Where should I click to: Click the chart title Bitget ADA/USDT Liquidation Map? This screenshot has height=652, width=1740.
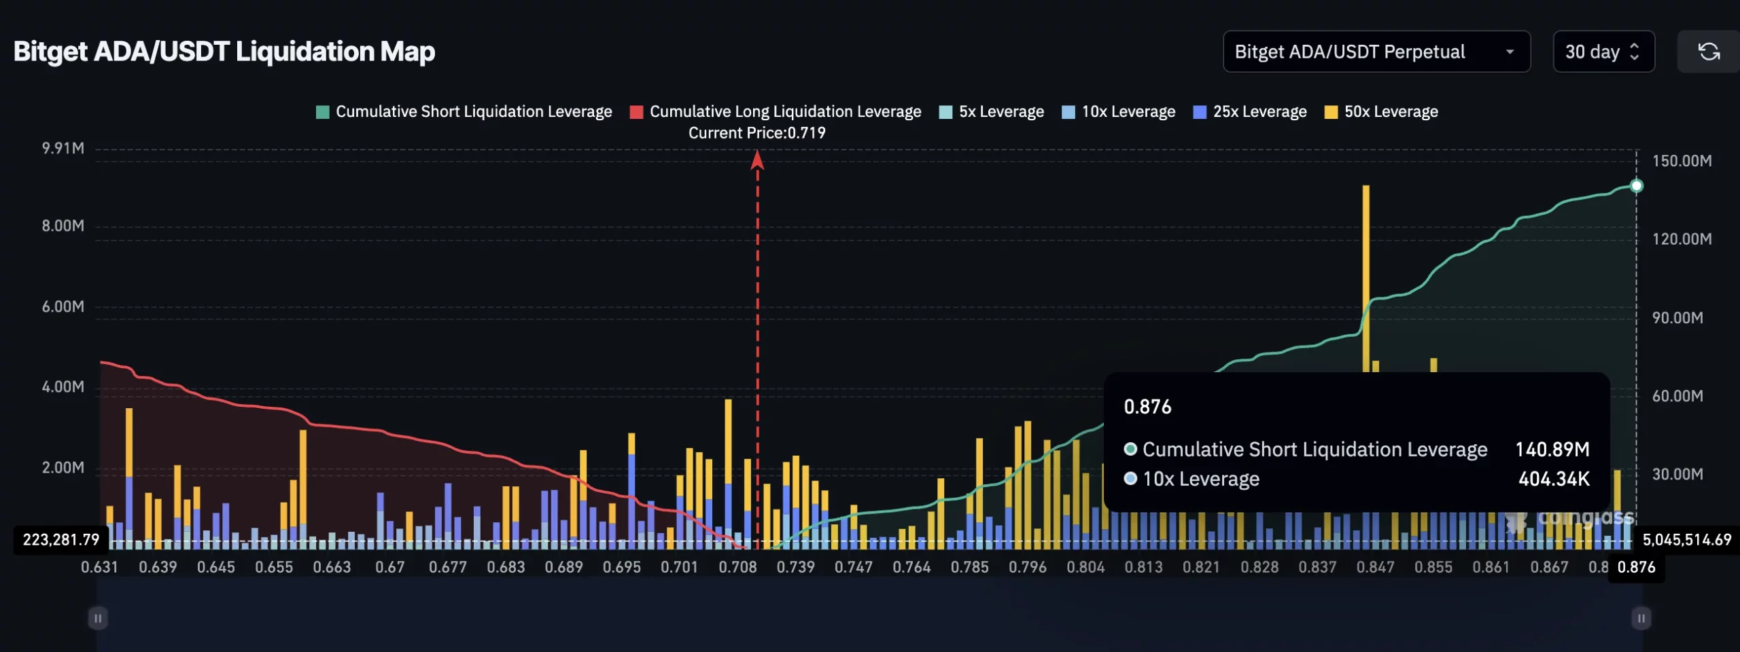[224, 52]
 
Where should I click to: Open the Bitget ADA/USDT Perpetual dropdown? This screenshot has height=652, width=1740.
[1376, 52]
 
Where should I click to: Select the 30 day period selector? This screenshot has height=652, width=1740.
[1603, 52]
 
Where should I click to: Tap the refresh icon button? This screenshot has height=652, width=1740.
[1709, 52]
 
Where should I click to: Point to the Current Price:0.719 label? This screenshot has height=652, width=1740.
[756, 133]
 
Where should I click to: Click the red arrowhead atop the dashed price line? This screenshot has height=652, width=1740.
[757, 160]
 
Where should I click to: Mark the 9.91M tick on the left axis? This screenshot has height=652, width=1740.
[63, 148]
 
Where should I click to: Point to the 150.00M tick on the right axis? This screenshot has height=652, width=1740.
[1682, 161]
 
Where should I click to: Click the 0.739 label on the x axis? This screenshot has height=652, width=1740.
[795, 567]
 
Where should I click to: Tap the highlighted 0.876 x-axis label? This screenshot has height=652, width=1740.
[1636, 567]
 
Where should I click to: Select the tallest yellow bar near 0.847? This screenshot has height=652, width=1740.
[1365, 272]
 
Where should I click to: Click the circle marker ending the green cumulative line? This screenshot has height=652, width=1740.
[1637, 185]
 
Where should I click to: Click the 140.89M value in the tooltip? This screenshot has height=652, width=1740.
[1552, 450]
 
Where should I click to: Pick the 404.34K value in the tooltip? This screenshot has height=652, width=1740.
[1554, 479]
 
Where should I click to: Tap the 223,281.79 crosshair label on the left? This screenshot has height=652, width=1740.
[61, 540]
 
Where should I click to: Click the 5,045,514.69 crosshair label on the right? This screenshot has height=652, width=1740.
[1686, 540]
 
